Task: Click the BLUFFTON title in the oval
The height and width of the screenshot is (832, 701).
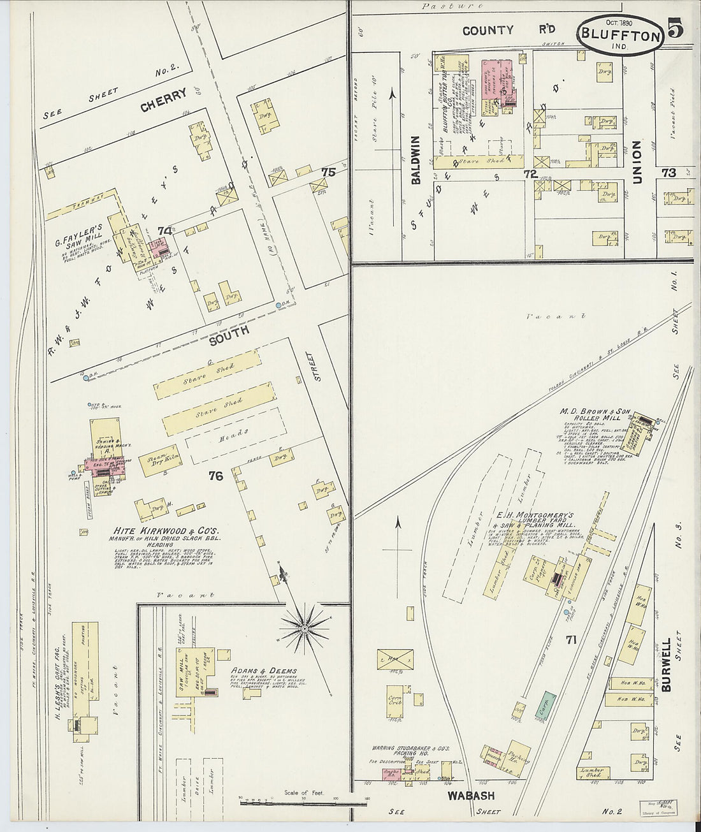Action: click(x=620, y=36)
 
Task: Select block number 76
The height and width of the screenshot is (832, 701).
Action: click(x=215, y=475)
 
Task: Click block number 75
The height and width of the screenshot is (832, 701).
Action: click(x=328, y=172)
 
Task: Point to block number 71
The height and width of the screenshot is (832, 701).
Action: click(x=570, y=639)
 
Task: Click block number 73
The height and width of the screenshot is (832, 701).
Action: click(x=668, y=172)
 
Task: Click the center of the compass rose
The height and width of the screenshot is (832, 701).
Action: click(x=305, y=629)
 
